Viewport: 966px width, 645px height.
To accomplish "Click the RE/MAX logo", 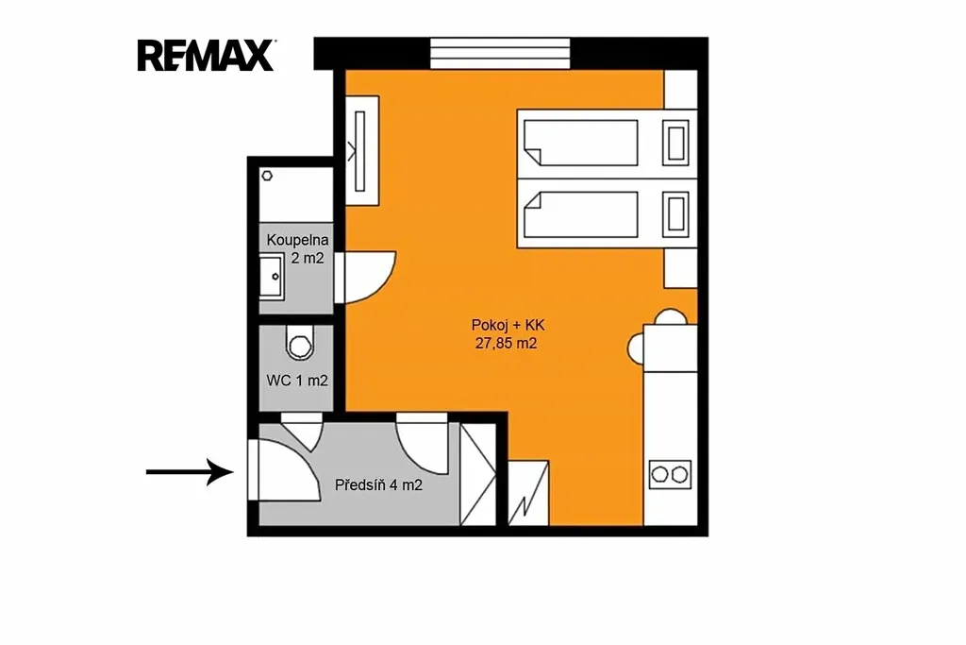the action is [x=207, y=56].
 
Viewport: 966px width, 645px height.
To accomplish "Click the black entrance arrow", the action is [x=190, y=472].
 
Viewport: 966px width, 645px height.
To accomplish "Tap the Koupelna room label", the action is [x=297, y=241].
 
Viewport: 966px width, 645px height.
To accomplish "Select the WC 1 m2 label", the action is [x=297, y=381].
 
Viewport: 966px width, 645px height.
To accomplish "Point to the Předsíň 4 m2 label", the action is [x=378, y=485].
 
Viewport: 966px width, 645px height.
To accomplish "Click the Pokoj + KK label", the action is [x=508, y=325].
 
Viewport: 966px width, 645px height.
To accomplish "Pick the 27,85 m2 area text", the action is [x=506, y=344].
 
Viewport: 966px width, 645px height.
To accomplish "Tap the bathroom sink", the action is [x=272, y=277].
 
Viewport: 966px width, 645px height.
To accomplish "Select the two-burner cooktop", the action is [x=671, y=475].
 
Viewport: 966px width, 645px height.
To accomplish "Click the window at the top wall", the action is [x=500, y=54].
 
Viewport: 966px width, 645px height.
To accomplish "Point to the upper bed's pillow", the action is [x=675, y=143].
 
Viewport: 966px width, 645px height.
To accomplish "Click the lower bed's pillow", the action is [x=675, y=214].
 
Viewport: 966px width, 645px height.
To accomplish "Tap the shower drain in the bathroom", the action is [x=267, y=176].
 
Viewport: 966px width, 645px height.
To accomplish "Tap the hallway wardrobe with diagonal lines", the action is [x=478, y=474].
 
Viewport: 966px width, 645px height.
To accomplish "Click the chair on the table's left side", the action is [x=636, y=348].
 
